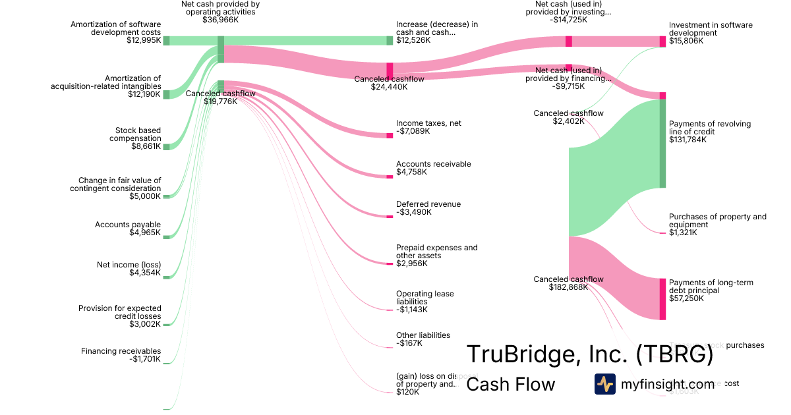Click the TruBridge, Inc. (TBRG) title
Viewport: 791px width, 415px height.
tap(590, 354)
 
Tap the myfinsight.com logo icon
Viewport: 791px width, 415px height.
tap(604, 384)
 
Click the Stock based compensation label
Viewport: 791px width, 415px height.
tap(138, 134)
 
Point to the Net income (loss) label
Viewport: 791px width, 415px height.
tap(129, 265)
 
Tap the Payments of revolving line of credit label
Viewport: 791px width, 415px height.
tap(709, 128)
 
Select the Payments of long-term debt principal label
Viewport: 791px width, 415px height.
tap(711, 287)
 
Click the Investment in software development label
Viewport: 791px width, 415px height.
tap(710, 29)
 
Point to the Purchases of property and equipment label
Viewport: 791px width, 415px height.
tap(717, 221)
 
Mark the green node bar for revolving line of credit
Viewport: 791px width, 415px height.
tap(662, 143)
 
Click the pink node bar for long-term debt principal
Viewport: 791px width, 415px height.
tap(662, 299)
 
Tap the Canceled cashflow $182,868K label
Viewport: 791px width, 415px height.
tap(568, 283)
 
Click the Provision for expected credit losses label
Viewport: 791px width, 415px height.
tap(119, 312)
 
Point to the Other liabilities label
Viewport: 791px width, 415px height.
tap(423, 335)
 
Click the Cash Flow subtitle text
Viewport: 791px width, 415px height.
tap(510, 384)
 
